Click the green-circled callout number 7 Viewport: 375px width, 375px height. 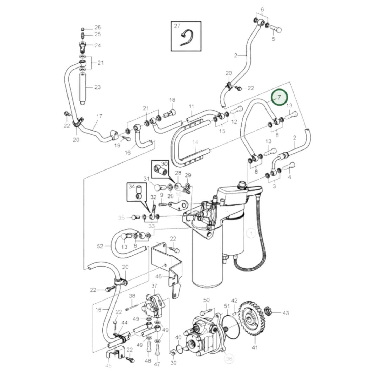coord(279,98)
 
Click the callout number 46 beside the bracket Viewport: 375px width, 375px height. coord(159,276)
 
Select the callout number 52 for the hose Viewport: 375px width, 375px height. coord(100,246)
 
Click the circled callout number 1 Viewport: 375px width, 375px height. coord(251,233)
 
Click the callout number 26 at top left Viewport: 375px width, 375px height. coord(97,27)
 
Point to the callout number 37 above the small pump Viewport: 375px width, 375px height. coord(154,286)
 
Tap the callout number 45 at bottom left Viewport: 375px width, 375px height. coord(108,366)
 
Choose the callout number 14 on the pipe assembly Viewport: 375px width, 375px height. coord(195,142)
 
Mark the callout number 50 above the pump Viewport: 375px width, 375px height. coord(206,300)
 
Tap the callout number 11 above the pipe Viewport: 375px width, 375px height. coord(192,106)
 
